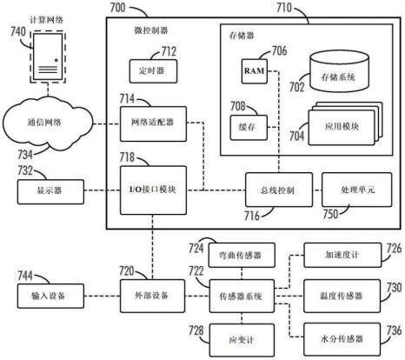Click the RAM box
pyautogui.click(x=255, y=71)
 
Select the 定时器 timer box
pyautogui.click(x=153, y=71)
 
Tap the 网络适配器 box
pyautogui.click(x=153, y=123)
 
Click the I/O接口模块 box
pyautogui.click(x=153, y=190)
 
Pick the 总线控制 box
pyautogui.click(x=279, y=190)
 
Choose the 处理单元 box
pyautogui.click(x=356, y=190)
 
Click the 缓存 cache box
pyautogui.click(x=249, y=128)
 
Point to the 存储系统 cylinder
pyautogui.click(x=339, y=71)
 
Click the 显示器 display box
pyautogui.click(x=50, y=191)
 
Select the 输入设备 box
pyautogui.click(x=50, y=296)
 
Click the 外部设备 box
pyautogui.click(x=152, y=296)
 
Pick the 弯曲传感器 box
pyautogui.click(x=242, y=255)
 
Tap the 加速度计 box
pyautogui.click(x=342, y=255)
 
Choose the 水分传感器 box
pyautogui.click(x=342, y=339)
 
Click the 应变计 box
pyautogui.click(x=242, y=340)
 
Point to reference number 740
pyautogui.click(x=18, y=31)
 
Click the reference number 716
pyautogui.click(x=251, y=216)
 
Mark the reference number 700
pyautogui.click(x=118, y=8)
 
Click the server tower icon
pyautogui.click(x=48, y=57)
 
